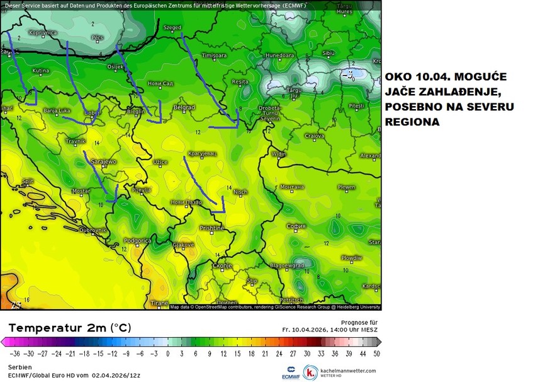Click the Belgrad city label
pos(184,108)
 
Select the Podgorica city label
pos(137,240)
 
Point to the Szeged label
pos(172,28)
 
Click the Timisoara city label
pos(214,55)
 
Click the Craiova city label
pos(314,136)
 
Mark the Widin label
pos(278,153)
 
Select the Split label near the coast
pos(27,181)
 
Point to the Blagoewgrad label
pos(283,265)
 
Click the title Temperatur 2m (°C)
pos(70,328)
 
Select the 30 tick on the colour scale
pos(307,354)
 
